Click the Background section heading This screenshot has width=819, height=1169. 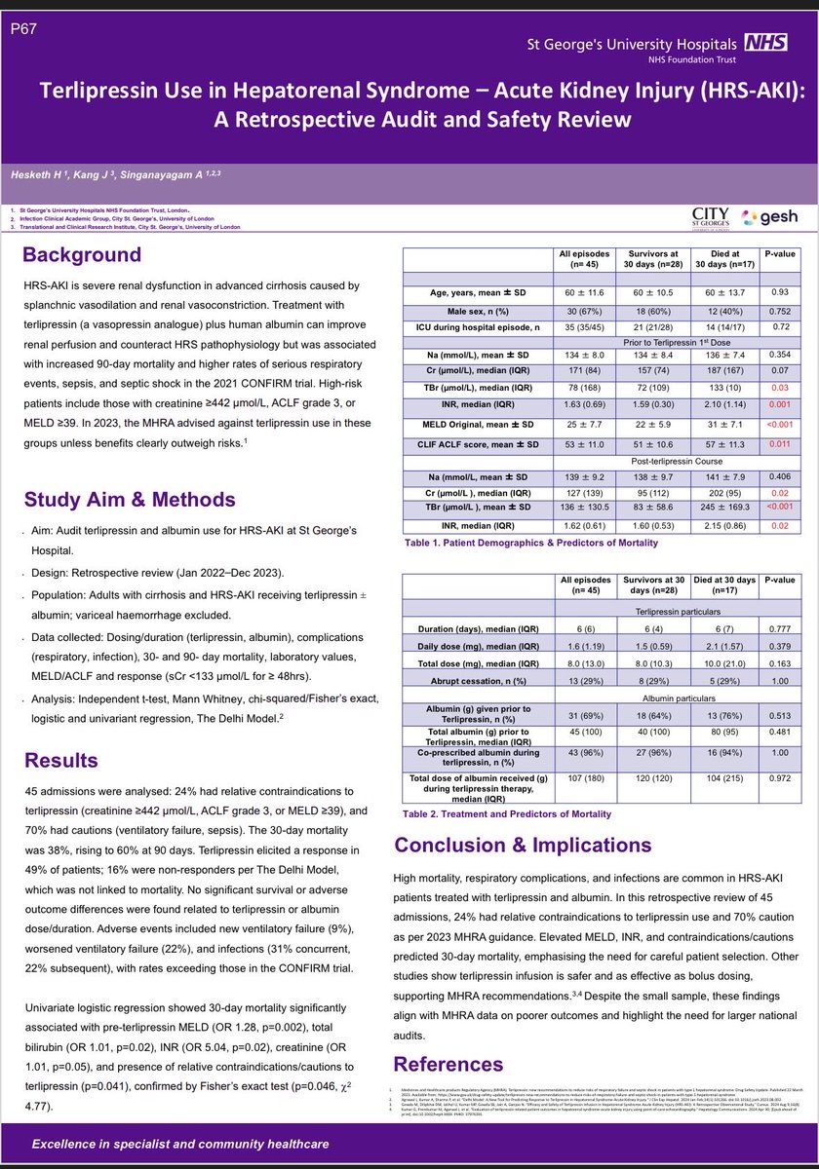pos(82,255)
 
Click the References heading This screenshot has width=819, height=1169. pos(448,1062)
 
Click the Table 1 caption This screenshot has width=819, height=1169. pos(514,542)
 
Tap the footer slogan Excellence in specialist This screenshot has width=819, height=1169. pos(180,1144)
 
